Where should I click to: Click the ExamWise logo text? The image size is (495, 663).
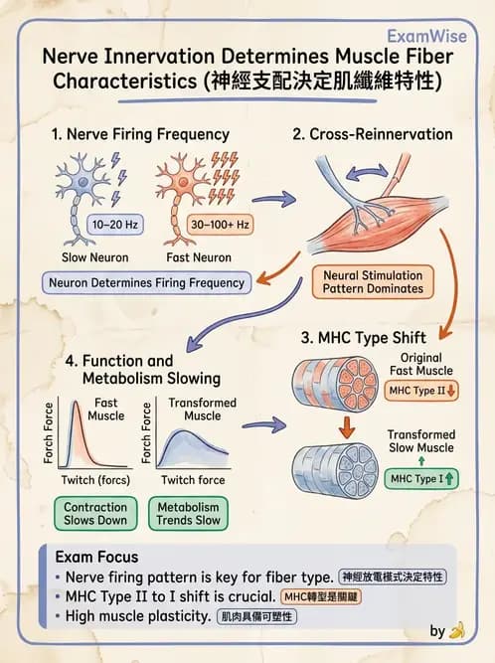pos(427,37)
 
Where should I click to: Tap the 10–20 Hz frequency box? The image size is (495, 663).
pos(115,225)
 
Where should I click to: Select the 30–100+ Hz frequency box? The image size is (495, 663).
pos(220,225)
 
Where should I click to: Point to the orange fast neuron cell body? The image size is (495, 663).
pos(183,182)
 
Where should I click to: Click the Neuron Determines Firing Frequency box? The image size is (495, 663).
pos(147,283)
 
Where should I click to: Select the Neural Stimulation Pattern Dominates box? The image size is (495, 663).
pos(373,282)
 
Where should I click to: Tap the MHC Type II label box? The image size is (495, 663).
pos(421,391)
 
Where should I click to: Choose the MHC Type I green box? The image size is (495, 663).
pos(421,479)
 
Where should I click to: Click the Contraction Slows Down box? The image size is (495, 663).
pos(95,514)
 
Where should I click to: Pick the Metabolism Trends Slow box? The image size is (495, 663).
pos(188,514)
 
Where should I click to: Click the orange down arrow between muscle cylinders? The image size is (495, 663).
pos(347,427)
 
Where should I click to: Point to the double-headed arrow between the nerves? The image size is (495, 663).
pos(367,173)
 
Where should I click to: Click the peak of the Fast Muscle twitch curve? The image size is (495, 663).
pos(76,402)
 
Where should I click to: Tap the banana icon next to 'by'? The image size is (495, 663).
pos(457,630)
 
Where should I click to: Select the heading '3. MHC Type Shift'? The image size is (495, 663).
pos(364,338)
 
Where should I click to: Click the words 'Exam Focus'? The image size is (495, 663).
pos(96,557)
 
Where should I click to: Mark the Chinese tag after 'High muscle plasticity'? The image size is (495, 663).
pos(257,616)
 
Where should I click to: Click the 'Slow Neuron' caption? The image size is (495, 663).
pos(95,257)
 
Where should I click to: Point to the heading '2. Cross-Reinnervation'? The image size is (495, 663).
pos(373,134)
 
